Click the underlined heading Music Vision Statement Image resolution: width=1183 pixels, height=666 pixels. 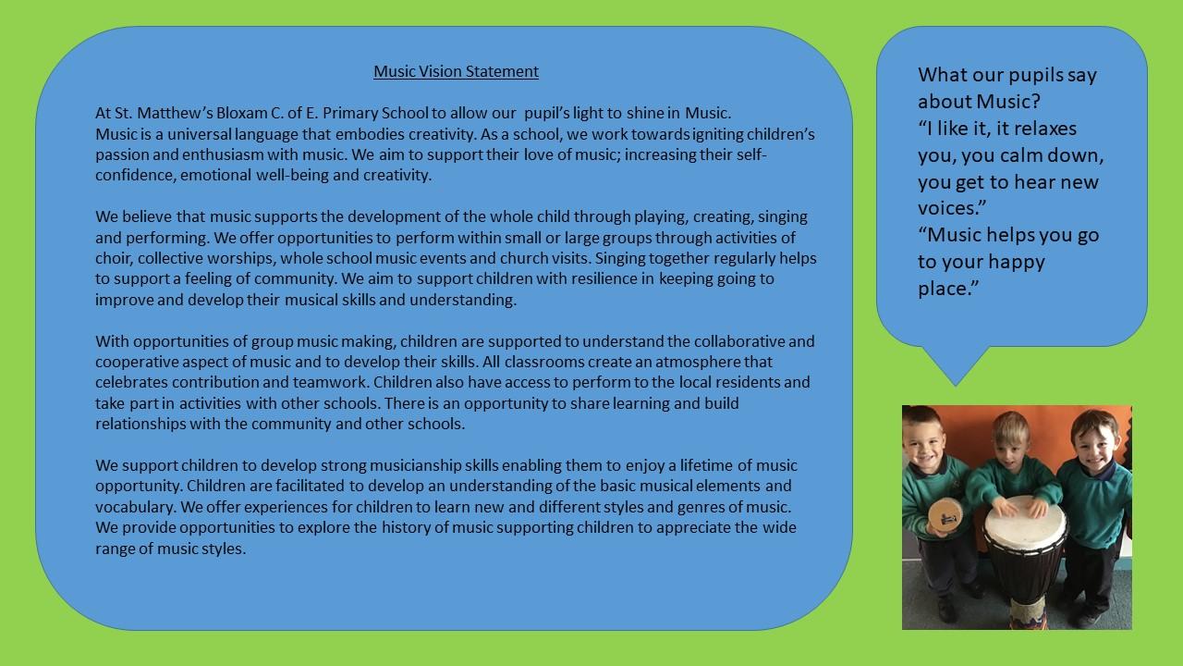click(456, 71)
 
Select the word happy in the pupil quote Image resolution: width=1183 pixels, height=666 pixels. click(1017, 263)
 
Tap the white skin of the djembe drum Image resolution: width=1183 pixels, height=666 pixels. click(1025, 523)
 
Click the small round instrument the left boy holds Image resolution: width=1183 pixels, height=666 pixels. click(945, 516)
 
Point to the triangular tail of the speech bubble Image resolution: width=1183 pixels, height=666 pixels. click(956, 364)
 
